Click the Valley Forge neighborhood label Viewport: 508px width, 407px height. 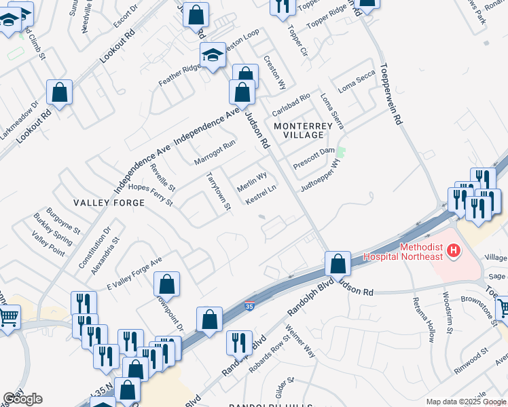(x=109, y=203)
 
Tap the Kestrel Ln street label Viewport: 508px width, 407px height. (x=260, y=195)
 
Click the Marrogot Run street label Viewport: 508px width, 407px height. (x=214, y=153)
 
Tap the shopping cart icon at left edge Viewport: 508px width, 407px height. (x=8, y=316)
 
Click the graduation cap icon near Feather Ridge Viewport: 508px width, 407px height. (x=213, y=55)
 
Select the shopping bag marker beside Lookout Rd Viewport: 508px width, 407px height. (x=59, y=93)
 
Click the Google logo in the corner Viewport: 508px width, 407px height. (x=22, y=399)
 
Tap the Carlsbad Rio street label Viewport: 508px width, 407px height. (x=291, y=105)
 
